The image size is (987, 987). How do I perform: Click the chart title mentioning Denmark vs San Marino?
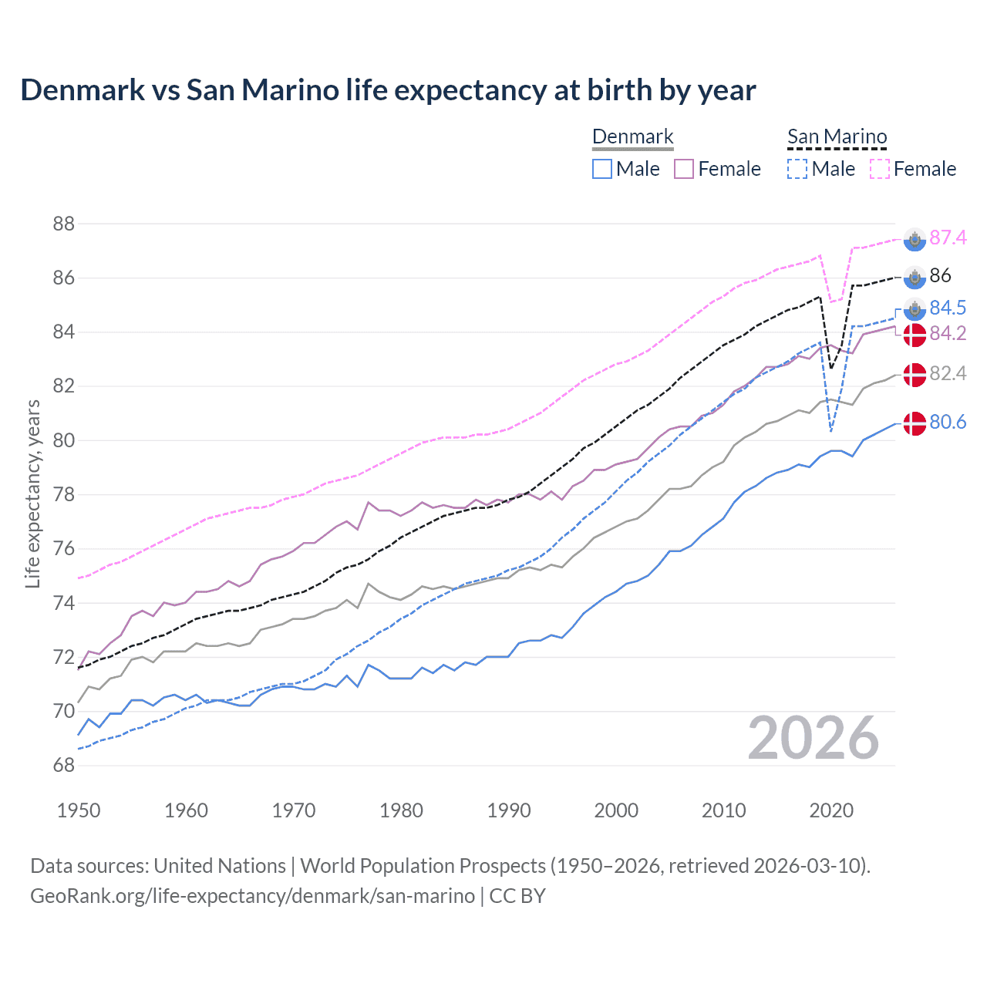pyautogui.click(x=388, y=90)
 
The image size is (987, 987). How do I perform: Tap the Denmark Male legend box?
pyautogui.click(x=602, y=169)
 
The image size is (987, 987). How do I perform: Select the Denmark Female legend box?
pyautogui.click(x=684, y=169)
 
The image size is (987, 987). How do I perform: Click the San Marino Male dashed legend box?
pyautogui.click(x=797, y=169)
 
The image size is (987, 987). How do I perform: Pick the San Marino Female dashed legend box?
pyautogui.click(x=880, y=169)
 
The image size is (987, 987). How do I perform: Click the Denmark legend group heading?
pyautogui.click(x=632, y=137)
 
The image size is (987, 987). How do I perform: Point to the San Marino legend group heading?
pyautogui.click(x=837, y=137)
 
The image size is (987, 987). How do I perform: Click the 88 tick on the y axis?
pyautogui.click(x=64, y=224)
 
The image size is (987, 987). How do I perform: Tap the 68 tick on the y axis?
pyautogui.click(x=64, y=766)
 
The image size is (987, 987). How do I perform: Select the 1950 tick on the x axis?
pyautogui.click(x=79, y=810)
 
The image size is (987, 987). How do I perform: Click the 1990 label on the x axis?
pyautogui.click(x=509, y=810)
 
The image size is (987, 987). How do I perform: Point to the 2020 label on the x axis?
pyautogui.click(x=831, y=810)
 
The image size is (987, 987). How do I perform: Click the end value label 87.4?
pyautogui.click(x=948, y=237)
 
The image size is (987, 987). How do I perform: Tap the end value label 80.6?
pyautogui.click(x=948, y=422)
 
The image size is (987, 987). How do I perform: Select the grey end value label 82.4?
pyautogui.click(x=948, y=373)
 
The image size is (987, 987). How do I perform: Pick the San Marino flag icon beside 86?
pyautogui.click(x=915, y=277)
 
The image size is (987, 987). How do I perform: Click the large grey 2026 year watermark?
pyautogui.click(x=814, y=738)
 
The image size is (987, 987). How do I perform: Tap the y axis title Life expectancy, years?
pyautogui.click(x=33, y=493)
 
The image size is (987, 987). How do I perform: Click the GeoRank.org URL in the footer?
pyautogui.click(x=252, y=896)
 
